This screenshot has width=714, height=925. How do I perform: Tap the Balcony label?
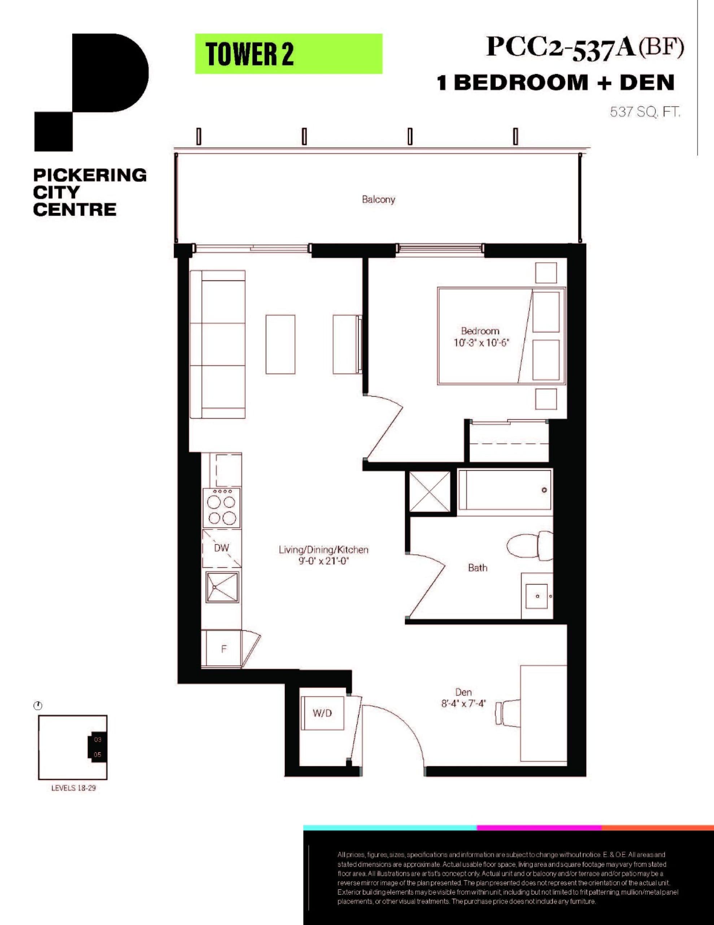click(378, 199)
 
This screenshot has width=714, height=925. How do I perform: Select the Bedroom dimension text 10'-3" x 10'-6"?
click(480, 343)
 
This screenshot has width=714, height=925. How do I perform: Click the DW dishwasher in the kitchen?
click(221, 548)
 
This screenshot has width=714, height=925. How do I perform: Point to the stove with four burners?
click(222, 508)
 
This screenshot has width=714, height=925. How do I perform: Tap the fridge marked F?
click(223, 649)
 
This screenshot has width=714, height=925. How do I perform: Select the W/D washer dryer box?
click(322, 713)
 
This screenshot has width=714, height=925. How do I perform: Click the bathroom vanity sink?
click(537, 596)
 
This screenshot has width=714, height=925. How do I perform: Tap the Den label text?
click(463, 692)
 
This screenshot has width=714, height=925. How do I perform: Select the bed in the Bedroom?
click(501, 336)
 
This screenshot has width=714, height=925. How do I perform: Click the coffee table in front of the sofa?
click(280, 344)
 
